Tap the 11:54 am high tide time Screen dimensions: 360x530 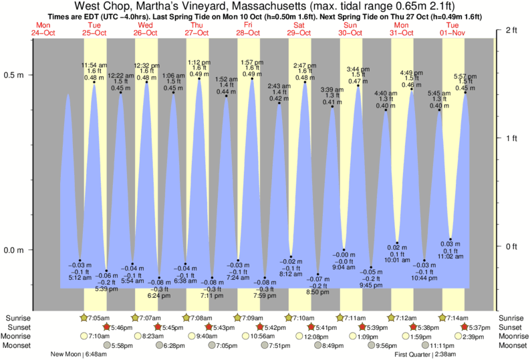(94, 65)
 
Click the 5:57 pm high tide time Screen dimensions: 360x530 (465, 75)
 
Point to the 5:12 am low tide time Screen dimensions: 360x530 (80, 277)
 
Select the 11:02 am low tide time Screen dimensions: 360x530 (451, 256)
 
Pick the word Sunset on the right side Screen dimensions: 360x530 (513, 327)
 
